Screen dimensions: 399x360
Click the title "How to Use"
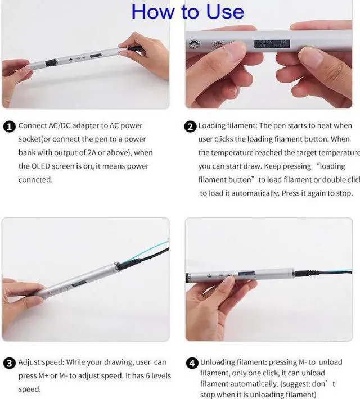click(x=187, y=12)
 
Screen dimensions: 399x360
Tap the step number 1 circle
click(x=9, y=126)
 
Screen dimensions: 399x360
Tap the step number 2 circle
click(x=190, y=126)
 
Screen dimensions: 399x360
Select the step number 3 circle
click(x=9, y=363)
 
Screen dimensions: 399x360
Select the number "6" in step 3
click(x=142, y=376)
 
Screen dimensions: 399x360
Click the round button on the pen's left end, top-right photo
click(x=194, y=44)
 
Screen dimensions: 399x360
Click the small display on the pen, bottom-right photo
click(x=246, y=274)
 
